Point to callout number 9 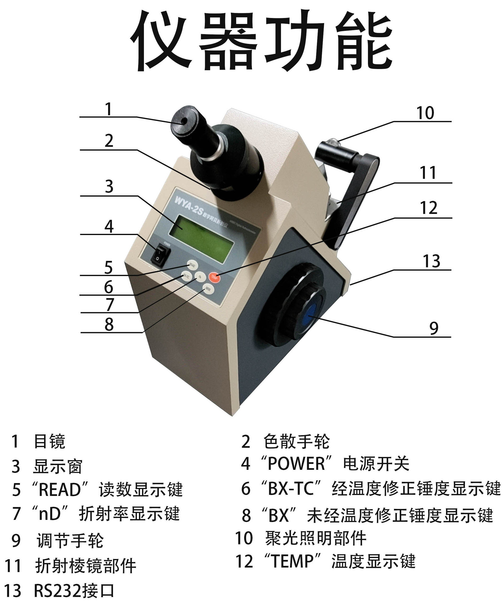point(434,328)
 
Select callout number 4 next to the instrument point(109,226)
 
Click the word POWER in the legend point(296,464)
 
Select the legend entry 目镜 point(49,441)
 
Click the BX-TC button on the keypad point(186,277)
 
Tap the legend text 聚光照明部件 point(315,538)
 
